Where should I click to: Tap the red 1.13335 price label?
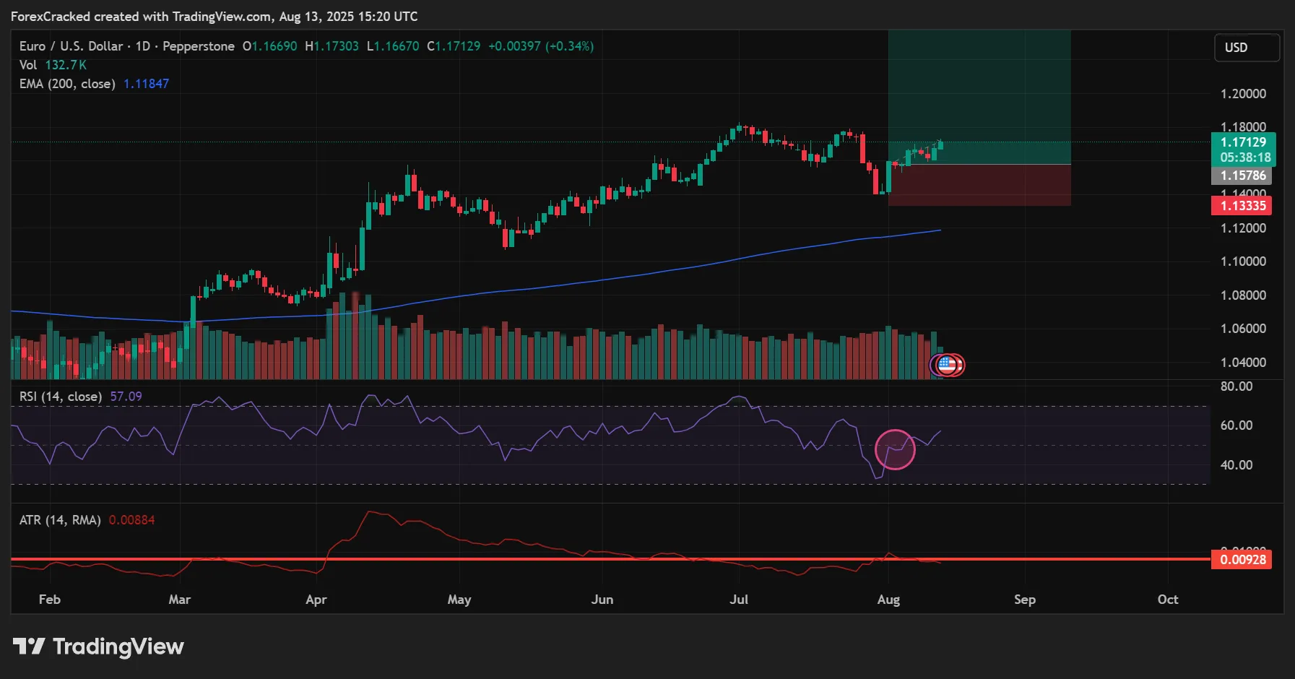point(1242,206)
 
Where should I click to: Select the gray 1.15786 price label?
point(1242,176)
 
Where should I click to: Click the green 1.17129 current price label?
point(1242,143)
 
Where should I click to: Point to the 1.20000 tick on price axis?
point(1242,94)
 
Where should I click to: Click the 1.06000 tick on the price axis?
point(1242,329)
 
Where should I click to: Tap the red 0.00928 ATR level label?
point(1242,560)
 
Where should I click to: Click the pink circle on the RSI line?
point(895,449)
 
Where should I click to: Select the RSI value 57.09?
point(126,397)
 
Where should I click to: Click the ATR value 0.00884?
point(131,520)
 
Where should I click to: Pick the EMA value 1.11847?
point(146,84)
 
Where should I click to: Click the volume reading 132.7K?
point(66,65)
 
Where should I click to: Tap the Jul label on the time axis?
point(739,600)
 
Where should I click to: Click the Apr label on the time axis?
point(316,600)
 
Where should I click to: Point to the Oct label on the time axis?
point(1167,600)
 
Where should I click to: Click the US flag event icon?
point(947,366)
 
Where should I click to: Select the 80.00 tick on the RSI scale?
point(1236,386)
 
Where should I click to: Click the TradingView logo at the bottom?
point(99,646)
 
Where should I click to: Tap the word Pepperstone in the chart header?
point(199,46)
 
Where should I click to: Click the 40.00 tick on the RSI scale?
point(1236,465)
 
